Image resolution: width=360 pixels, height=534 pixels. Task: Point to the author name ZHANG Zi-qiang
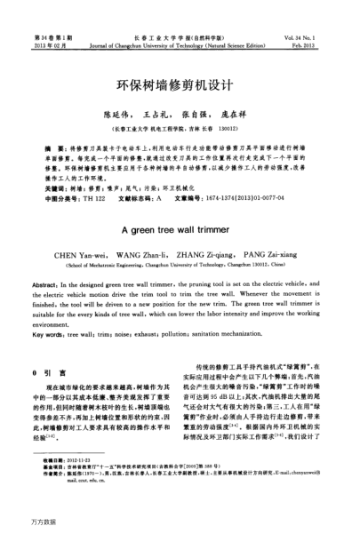205,253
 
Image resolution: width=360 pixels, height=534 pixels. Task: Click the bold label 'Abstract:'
44,279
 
